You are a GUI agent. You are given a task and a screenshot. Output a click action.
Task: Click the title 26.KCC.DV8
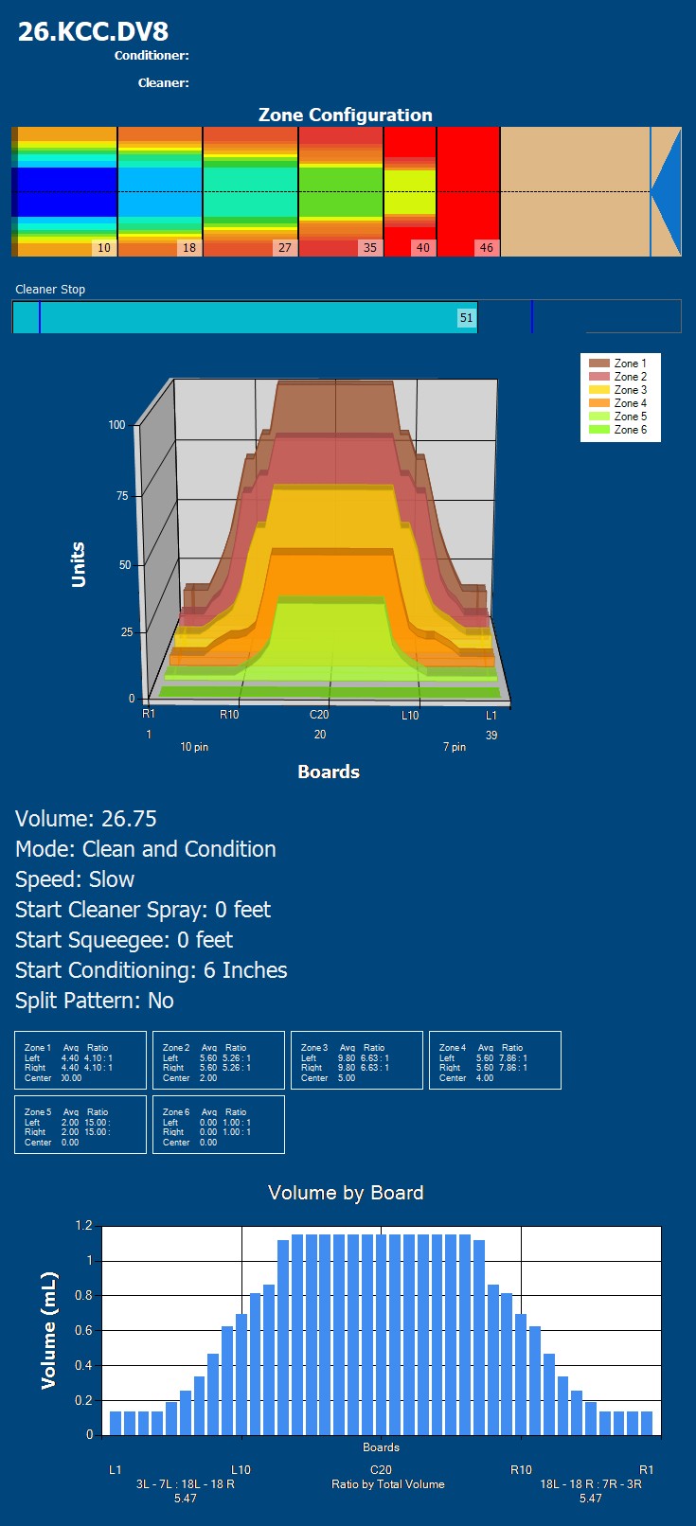(x=93, y=31)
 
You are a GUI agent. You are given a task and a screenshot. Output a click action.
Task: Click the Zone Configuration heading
(x=346, y=115)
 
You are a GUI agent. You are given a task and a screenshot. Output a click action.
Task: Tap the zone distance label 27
(x=284, y=248)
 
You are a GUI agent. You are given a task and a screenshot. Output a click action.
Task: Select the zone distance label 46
(x=486, y=248)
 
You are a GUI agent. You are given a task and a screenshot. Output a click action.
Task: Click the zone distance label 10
(x=103, y=248)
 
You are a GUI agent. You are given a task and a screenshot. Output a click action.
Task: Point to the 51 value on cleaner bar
(x=466, y=318)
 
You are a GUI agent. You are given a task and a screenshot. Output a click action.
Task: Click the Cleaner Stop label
(x=50, y=290)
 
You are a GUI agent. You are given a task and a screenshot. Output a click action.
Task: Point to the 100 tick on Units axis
(x=116, y=425)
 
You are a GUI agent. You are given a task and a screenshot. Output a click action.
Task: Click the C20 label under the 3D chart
(x=319, y=715)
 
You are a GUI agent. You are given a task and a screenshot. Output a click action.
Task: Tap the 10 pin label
(x=194, y=747)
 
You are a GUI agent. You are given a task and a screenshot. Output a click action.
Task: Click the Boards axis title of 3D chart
(x=329, y=772)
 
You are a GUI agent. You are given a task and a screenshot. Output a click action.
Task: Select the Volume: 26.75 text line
(x=86, y=819)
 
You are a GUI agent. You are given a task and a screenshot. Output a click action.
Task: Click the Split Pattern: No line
(x=95, y=1001)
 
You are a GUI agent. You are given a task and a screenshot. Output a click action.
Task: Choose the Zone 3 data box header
(x=314, y=1048)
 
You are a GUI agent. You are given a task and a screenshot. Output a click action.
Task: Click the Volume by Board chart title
(x=346, y=1193)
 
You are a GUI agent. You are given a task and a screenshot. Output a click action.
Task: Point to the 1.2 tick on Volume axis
(x=83, y=1226)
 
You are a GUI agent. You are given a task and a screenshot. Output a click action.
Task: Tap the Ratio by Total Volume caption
(x=387, y=1484)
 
